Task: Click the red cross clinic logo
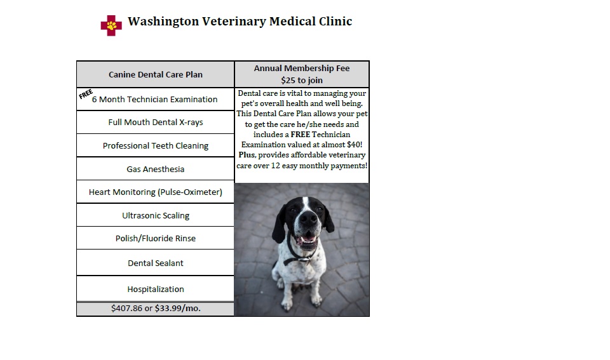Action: click(x=111, y=25)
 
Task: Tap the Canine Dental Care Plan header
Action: click(x=155, y=74)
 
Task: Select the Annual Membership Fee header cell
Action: click(x=302, y=74)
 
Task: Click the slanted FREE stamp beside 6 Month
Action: click(x=86, y=94)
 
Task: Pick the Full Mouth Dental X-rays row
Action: click(x=155, y=122)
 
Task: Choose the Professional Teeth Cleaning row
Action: click(x=155, y=145)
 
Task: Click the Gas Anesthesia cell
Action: click(x=155, y=169)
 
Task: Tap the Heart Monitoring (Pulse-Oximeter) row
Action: click(x=155, y=192)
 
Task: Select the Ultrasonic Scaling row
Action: click(x=155, y=215)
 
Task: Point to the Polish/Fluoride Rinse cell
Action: click(x=155, y=238)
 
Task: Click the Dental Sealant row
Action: click(x=155, y=263)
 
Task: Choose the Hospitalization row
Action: click(x=155, y=289)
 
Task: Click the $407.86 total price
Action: click(x=127, y=309)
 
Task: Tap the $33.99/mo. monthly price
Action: click(x=178, y=309)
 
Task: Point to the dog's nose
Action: click(x=309, y=218)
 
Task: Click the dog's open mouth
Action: click(x=308, y=238)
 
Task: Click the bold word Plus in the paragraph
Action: click(x=247, y=155)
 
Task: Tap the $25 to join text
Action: click(x=302, y=80)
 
